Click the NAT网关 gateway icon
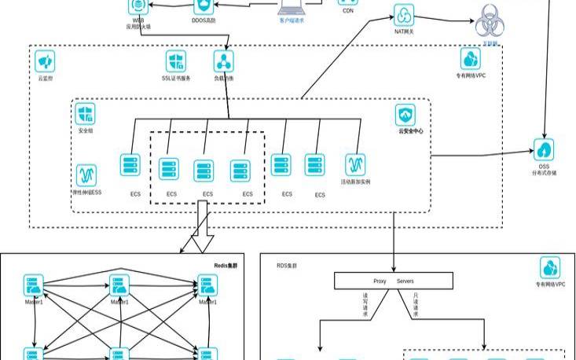tap(403, 15)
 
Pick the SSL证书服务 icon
tap(176, 61)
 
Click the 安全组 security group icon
tap(86, 114)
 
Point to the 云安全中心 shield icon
tap(406, 114)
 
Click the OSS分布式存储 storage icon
tap(545, 149)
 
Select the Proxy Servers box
tap(394, 281)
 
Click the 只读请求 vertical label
tap(416, 306)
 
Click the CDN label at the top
tap(349, 11)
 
